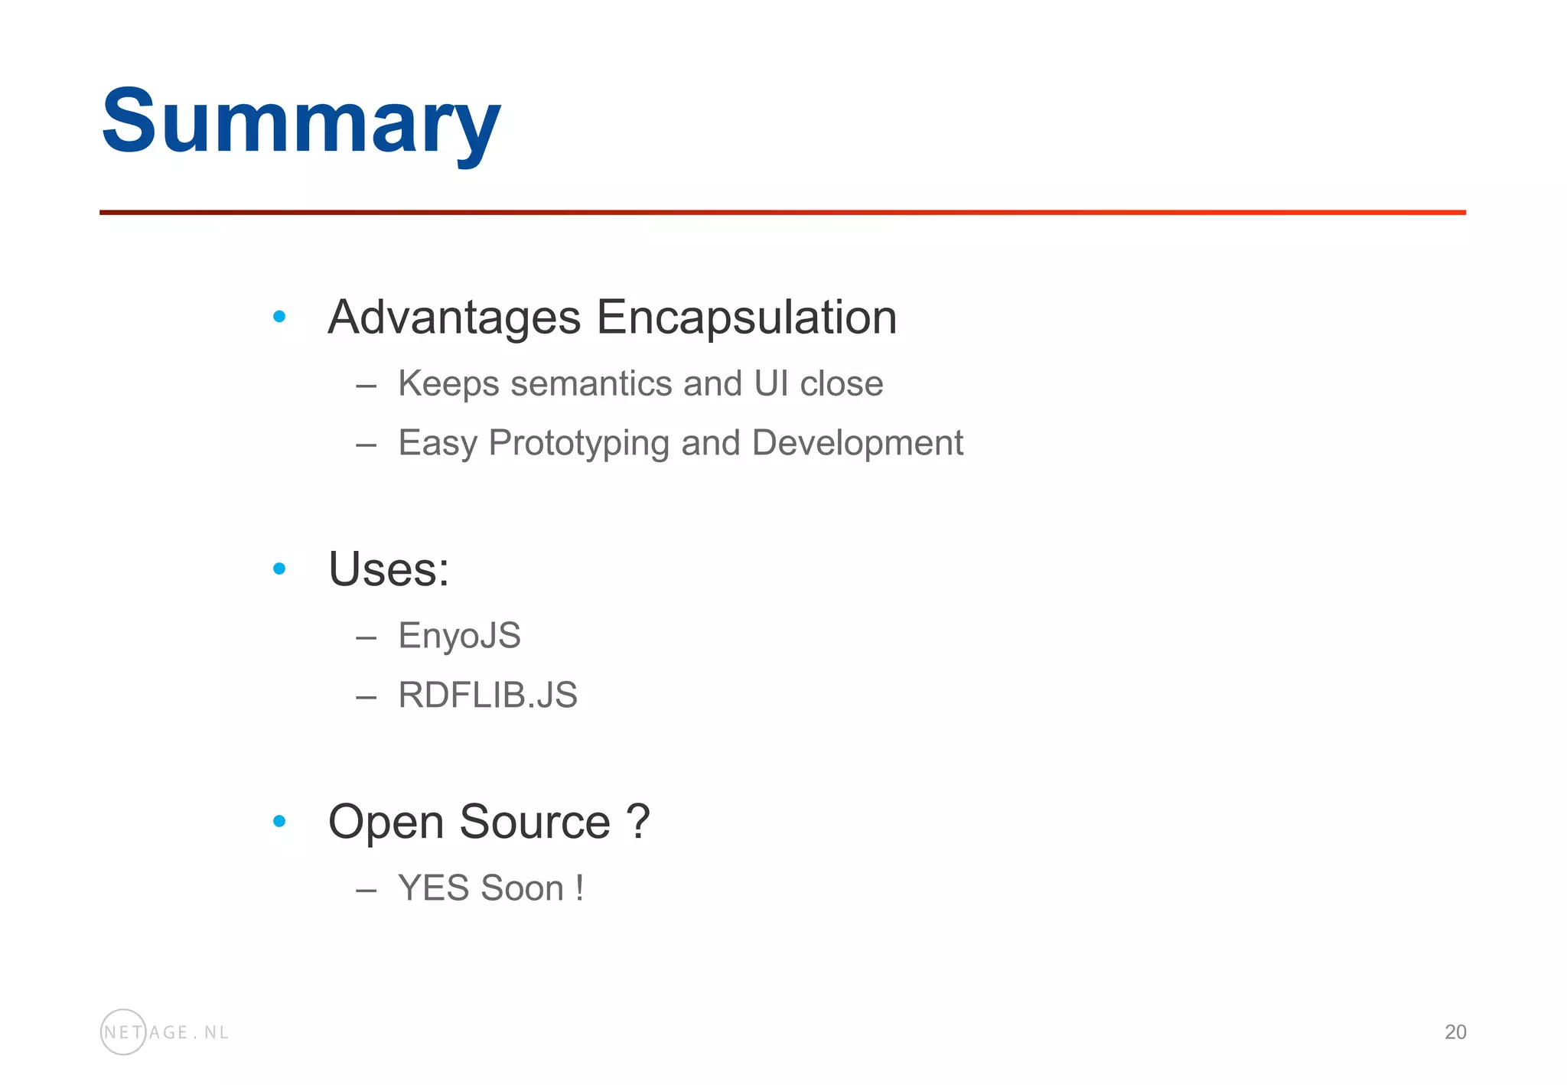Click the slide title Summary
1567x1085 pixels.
coord(301,122)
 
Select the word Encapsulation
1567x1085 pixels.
coord(746,318)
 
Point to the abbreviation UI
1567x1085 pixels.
coord(770,383)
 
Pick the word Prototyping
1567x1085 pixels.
coord(578,443)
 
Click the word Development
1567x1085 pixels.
coord(857,443)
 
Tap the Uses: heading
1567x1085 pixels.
coord(389,569)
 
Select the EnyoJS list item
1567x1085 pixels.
coord(459,636)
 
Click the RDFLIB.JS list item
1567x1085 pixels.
coord(487,696)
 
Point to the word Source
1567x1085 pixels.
coord(535,822)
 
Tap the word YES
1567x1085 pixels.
coord(433,888)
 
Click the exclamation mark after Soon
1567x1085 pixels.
coord(580,888)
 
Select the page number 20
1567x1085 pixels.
coord(1455,1032)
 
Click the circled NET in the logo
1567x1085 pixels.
coord(122,1032)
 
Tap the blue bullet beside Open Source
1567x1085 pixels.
coord(279,822)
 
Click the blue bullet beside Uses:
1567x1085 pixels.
coord(279,569)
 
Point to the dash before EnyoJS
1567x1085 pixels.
coord(366,637)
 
